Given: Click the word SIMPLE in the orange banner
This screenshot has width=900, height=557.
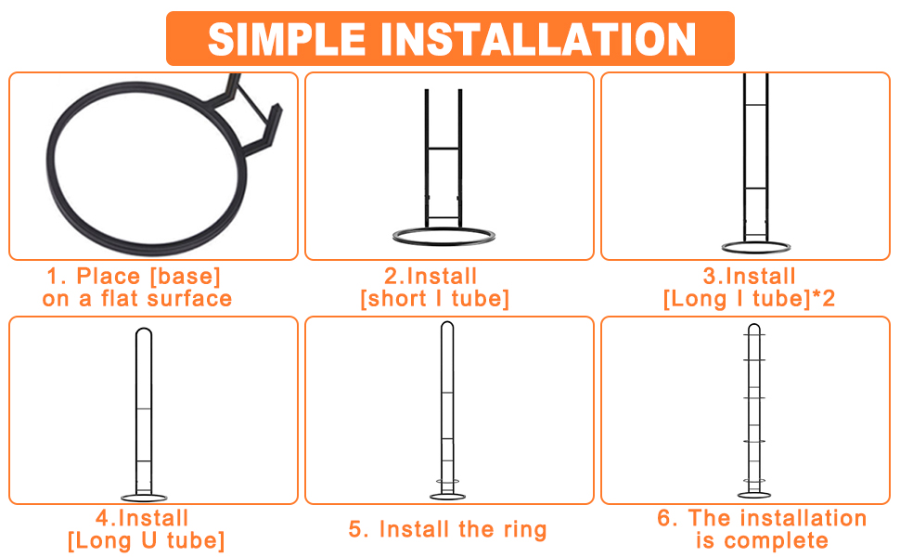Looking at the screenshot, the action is click(287, 39).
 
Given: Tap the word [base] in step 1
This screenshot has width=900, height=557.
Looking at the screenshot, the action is click(185, 277).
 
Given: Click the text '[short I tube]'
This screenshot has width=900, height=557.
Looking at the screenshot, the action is click(435, 299).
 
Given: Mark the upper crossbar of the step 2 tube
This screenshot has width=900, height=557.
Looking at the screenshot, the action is click(444, 149).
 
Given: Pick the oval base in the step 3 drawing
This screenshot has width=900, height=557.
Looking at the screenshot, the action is click(755, 248).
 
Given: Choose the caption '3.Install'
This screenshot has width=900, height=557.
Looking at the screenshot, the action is click(749, 277).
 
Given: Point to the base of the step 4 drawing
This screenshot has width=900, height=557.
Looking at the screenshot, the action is click(144, 498).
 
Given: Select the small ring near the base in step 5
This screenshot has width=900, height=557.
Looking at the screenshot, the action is click(448, 481).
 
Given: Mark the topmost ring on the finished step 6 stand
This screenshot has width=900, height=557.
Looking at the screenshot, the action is click(754, 335).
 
